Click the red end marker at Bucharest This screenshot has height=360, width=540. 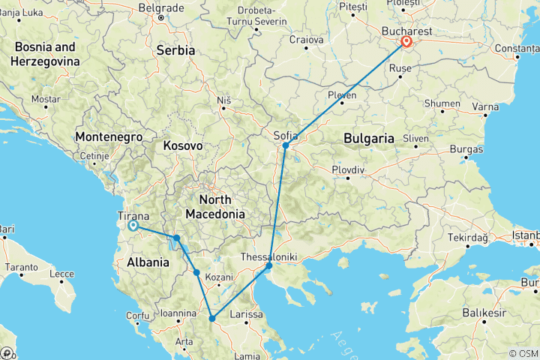tap(406, 43)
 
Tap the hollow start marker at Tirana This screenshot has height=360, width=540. tap(133, 225)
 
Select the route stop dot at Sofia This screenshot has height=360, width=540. tap(286, 145)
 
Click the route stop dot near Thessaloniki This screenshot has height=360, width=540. tap(269, 265)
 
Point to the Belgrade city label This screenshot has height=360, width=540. tap(160, 7)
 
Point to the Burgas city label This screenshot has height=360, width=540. tap(466, 149)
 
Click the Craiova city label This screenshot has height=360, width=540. tap(306, 39)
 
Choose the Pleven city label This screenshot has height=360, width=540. tap(342, 95)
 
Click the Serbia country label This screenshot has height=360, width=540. tap(175, 50)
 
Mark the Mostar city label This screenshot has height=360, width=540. tap(46, 99)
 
